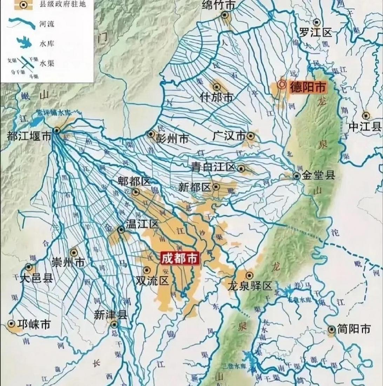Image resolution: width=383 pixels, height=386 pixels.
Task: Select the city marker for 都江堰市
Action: pos(56,130)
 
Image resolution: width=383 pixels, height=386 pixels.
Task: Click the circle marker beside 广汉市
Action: pos(250,136)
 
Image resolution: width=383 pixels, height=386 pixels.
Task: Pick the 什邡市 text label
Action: pos(216,97)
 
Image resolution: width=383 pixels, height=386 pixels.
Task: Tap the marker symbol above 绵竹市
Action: pos(225,15)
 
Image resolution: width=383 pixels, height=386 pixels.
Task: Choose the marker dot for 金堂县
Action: pos(297,176)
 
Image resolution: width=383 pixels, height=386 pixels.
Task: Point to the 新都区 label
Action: pos(195,187)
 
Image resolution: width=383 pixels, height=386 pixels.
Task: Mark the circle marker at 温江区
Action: pos(121,230)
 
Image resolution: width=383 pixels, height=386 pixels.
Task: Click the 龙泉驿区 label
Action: pos(250,286)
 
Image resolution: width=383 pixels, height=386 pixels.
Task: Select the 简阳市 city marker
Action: pos(331,329)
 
